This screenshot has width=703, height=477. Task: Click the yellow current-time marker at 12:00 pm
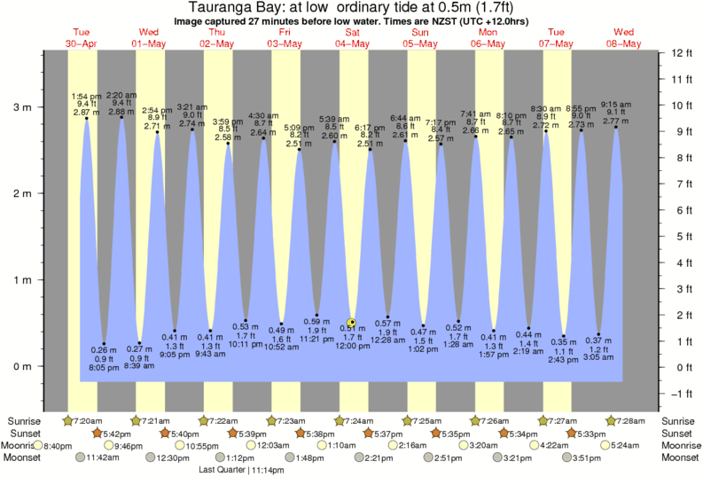(x=352, y=323)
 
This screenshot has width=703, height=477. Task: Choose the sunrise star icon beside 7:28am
(x=611, y=419)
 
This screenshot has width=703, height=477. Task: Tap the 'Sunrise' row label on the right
(x=679, y=419)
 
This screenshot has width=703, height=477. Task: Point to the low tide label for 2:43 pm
(x=563, y=357)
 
